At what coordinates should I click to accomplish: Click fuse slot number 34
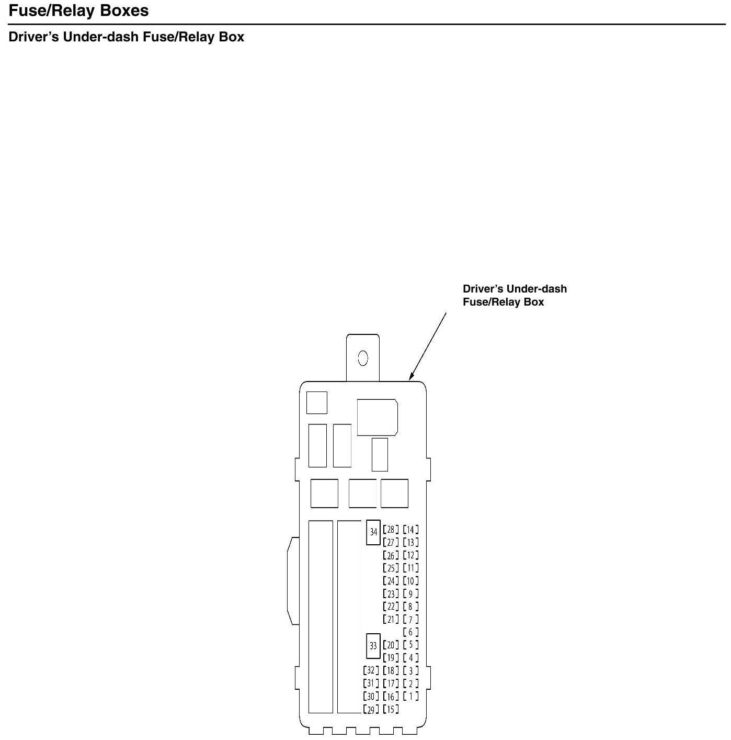pos(373,532)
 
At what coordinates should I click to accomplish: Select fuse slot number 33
pos(373,645)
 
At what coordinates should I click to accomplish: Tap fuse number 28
pos(390,530)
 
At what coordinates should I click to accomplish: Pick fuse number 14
pos(410,530)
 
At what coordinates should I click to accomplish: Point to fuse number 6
pos(410,632)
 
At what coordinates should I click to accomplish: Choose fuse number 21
pos(390,619)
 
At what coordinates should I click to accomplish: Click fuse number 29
pos(371,709)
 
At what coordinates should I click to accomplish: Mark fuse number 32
pos(371,670)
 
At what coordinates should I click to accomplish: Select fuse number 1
pos(410,696)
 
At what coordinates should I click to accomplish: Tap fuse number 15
pos(390,709)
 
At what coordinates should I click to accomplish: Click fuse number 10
pos(410,580)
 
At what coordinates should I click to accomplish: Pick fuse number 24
pos(390,580)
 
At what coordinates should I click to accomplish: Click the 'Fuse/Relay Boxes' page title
pos(78,11)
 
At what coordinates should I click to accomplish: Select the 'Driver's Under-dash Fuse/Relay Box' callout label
pos(514,295)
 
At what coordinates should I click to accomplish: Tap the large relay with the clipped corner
pos(377,417)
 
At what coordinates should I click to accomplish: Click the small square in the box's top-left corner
pos(316,402)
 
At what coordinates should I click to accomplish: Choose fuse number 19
pos(390,658)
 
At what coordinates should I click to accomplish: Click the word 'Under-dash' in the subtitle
pos(101,37)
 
